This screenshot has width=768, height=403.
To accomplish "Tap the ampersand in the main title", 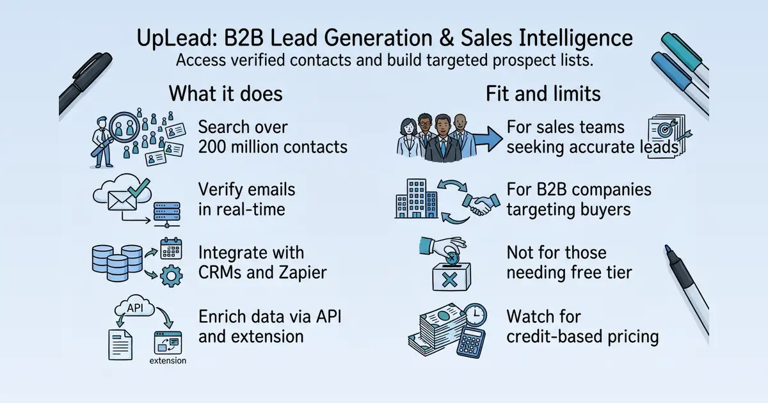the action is click(445, 38).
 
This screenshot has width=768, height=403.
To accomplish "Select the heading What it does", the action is click(225, 93).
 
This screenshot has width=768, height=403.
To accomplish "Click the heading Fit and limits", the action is click(543, 93).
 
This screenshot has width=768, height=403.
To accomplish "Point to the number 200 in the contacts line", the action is click(212, 147).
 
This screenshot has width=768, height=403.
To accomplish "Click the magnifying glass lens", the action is click(124, 127).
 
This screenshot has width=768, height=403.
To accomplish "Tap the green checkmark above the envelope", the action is click(139, 187).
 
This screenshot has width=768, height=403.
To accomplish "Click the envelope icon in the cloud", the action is click(122, 201).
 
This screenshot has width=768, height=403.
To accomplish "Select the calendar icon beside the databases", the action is click(171, 248).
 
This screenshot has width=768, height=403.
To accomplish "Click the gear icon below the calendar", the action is click(172, 276).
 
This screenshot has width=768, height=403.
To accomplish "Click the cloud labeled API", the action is click(134, 306).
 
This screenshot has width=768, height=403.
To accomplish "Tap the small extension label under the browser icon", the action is click(168, 361).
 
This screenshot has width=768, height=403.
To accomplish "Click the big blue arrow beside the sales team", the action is click(487, 139).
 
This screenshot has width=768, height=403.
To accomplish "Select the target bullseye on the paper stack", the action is click(665, 130).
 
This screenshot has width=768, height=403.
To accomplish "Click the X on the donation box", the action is click(449, 280).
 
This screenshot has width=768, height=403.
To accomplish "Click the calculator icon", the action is click(471, 343).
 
